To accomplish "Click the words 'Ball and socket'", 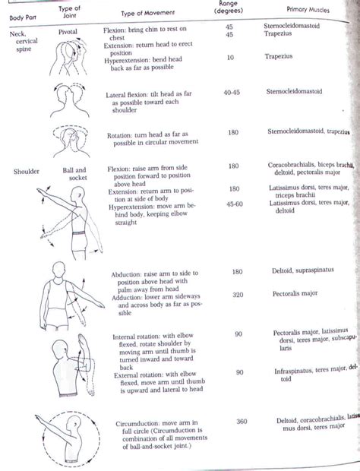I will (75, 175).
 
